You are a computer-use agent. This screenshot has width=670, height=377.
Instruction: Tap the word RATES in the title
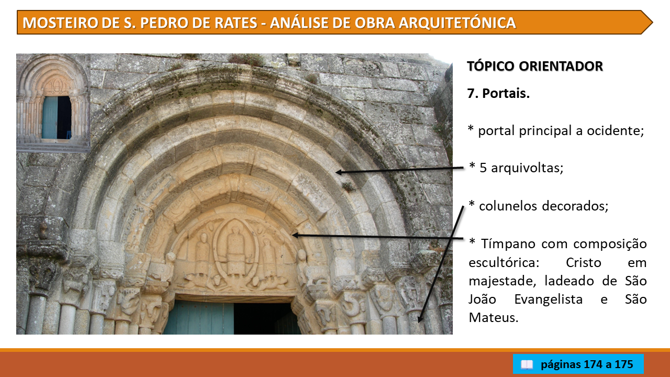click(x=236, y=23)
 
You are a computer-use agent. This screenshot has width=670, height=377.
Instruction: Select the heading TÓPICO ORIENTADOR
click(x=535, y=66)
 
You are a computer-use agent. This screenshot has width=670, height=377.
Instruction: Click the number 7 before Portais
click(x=471, y=93)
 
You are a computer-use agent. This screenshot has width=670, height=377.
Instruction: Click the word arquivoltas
click(x=527, y=168)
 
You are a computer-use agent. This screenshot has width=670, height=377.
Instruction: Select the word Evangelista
click(x=548, y=300)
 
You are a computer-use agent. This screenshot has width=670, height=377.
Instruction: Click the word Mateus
click(x=493, y=317)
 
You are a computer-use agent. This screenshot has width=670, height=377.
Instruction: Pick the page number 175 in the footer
click(x=623, y=364)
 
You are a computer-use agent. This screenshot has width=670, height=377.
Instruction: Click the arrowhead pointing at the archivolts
click(x=339, y=172)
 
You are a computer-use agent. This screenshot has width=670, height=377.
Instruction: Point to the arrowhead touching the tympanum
click(x=295, y=236)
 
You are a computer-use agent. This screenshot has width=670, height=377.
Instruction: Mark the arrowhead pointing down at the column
click(x=420, y=319)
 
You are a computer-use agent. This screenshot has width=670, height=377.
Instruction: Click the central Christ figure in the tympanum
click(x=236, y=251)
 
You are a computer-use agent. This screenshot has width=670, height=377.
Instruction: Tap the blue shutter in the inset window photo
click(x=49, y=117)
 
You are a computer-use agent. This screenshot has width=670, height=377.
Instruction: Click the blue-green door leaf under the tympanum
click(x=199, y=318)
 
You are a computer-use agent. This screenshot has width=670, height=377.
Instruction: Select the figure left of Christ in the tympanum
click(x=203, y=254)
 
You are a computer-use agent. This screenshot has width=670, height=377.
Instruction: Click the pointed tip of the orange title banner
click(x=652, y=23)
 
